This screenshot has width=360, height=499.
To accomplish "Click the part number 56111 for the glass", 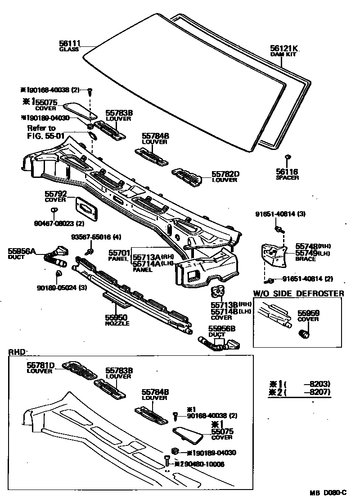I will [69, 43].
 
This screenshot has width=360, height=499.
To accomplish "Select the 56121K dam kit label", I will [284, 49].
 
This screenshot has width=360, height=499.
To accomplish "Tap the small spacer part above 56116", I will [287, 157].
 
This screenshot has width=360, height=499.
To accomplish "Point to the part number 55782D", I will [225, 173].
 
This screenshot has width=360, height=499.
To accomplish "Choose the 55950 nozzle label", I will [117, 318].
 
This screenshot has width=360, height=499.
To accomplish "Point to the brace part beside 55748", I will [274, 255].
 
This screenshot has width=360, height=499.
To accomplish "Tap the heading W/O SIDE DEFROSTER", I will [299, 294].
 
